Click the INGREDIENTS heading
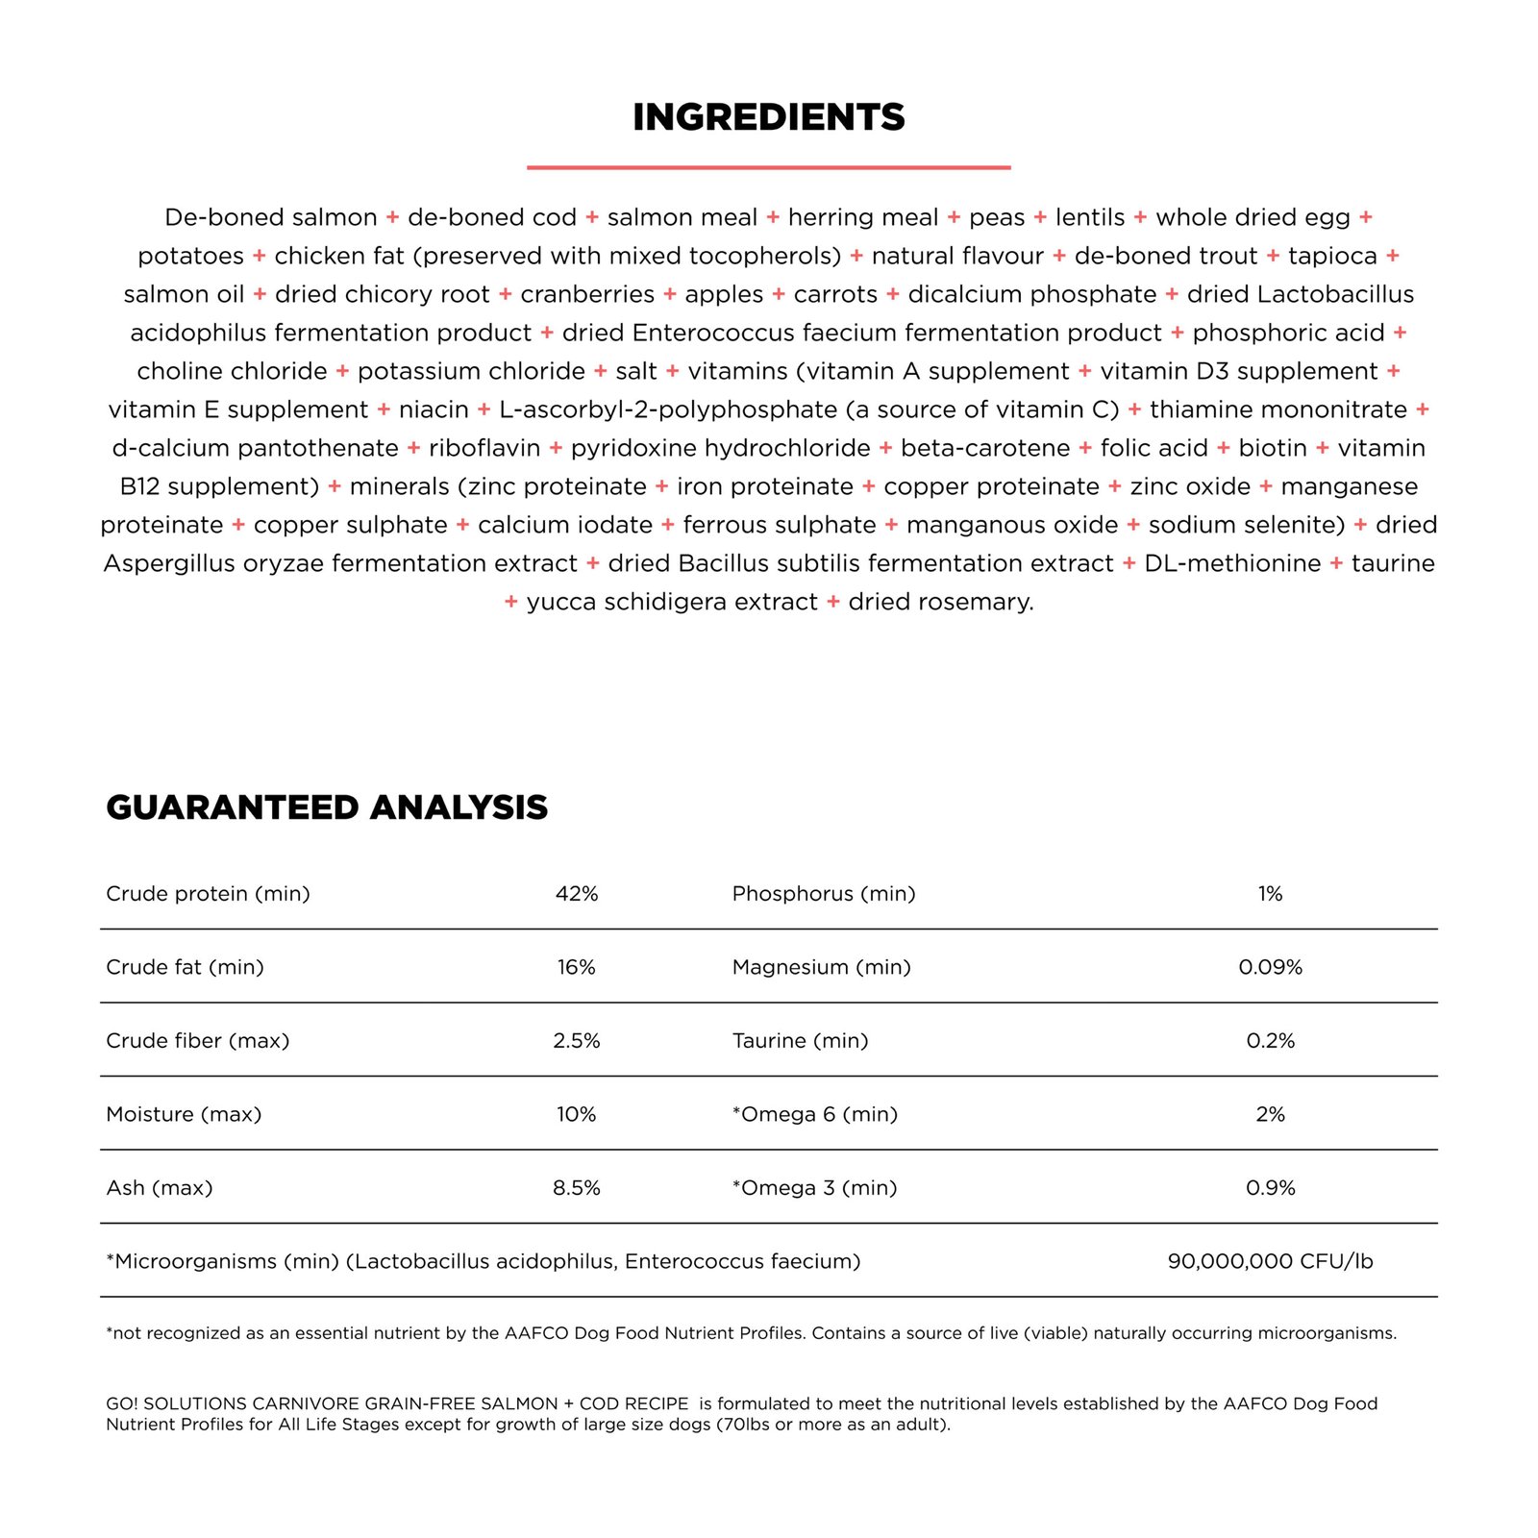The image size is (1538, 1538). coord(769,117)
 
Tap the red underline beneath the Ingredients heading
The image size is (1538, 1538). coord(769,167)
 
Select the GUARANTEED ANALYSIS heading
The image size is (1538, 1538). coord(327,807)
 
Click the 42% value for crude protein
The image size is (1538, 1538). coord(577,894)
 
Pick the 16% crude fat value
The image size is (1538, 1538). coord(577,967)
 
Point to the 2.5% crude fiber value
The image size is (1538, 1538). coord(577,1041)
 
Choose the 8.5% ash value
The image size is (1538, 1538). coord(577,1188)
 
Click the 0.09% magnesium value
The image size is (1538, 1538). coord(1270,967)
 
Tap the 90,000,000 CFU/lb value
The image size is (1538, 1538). coord(1270,1261)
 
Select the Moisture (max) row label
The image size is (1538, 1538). coord(184,1114)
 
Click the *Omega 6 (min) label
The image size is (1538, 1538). coord(815,1114)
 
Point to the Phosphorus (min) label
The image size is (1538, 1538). coord(824,894)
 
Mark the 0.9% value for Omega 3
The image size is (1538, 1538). coord(1270,1188)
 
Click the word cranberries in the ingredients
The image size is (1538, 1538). coord(587,294)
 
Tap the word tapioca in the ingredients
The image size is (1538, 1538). coord(1332,256)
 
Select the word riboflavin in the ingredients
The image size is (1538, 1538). coord(484,448)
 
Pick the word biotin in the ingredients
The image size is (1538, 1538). coord(1273,448)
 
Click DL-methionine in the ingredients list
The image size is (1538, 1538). coord(1232,563)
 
